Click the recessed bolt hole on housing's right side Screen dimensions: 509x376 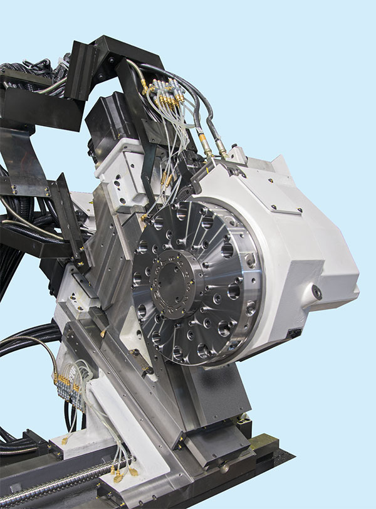point(318,292)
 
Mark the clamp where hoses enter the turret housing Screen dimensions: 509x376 point(216,165)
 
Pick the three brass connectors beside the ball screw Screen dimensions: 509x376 point(124,473)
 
